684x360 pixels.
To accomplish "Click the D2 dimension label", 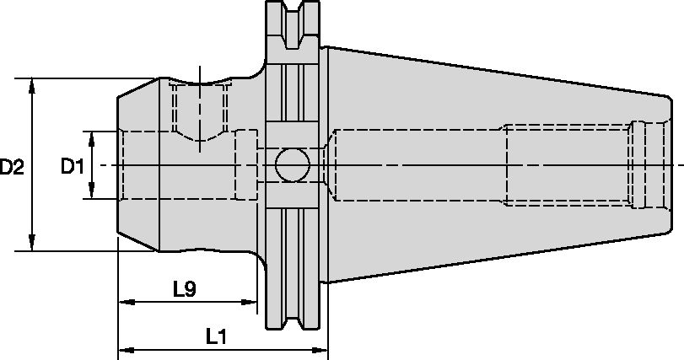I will [12, 167].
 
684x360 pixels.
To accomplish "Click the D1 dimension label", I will [73, 167].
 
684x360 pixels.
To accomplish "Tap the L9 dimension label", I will [185, 289].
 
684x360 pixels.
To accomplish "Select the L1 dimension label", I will [218, 337].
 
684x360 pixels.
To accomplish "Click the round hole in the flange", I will [291, 165].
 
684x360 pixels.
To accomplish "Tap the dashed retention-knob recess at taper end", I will [641, 165].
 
